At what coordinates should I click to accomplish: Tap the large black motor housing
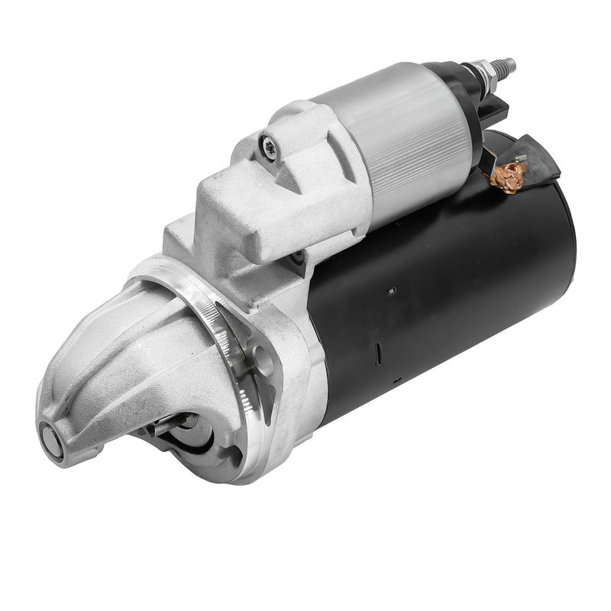451,290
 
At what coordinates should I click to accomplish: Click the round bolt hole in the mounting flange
263,359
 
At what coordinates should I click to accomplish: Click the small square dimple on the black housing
390,291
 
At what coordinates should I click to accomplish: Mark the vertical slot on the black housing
377,352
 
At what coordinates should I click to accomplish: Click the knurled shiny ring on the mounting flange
229,336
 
